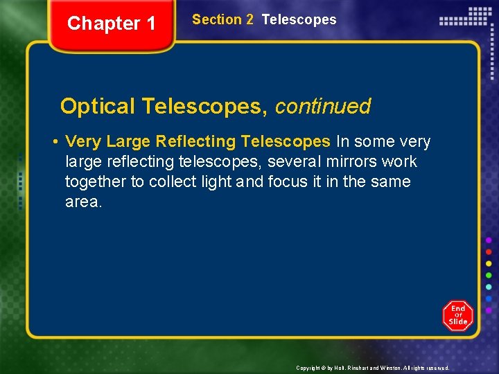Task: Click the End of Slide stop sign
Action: (457, 316)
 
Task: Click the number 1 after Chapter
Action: (150, 24)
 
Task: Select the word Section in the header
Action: (213, 20)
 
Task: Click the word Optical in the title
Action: (98, 107)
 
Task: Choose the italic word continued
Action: (323, 107)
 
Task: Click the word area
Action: (83, 202)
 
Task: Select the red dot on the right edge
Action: (489, 252)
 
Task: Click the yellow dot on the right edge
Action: (489, 264)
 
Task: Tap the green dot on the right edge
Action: (489, 276)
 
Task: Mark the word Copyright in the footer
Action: (308, 368)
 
